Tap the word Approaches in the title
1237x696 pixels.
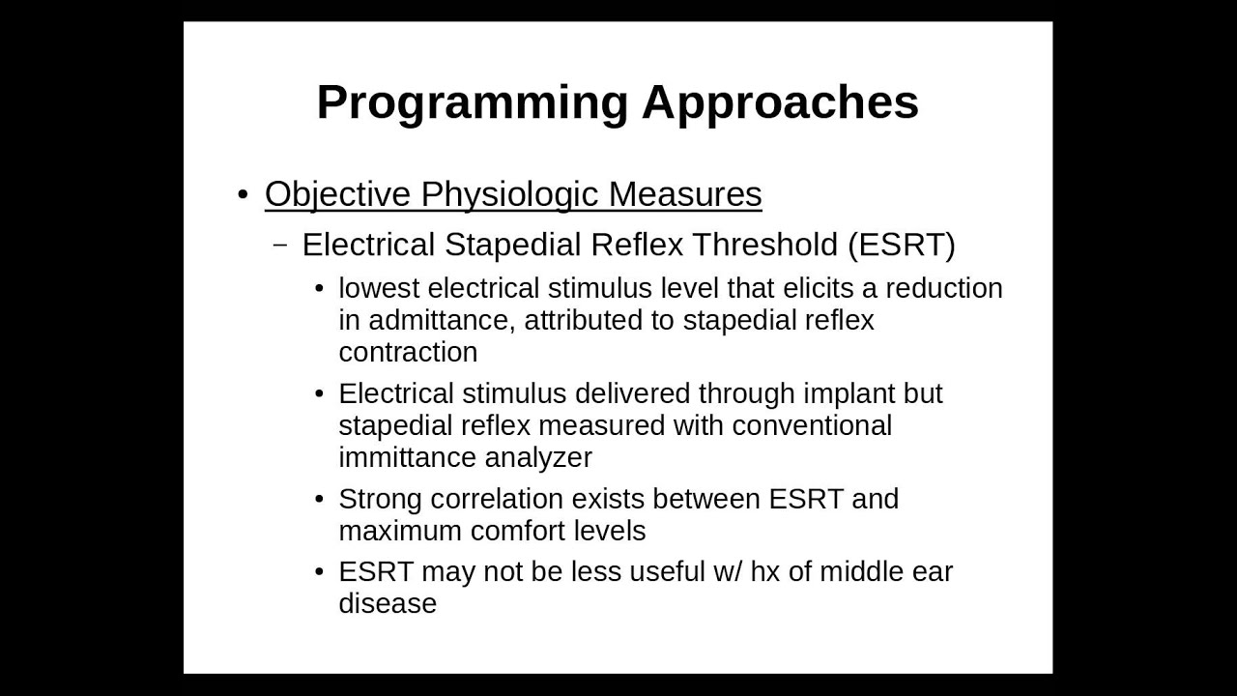click(x=780, y=102)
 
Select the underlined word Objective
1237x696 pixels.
click(x=337, y=194)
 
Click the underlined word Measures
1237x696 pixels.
click(x=685, y=194)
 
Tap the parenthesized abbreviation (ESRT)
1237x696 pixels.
click(x=902, y=245)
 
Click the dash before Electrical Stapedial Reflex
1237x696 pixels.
click(x=281, y=245)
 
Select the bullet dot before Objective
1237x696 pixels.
click(x=243, y=194)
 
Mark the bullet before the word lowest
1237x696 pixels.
click(x=320, y=289)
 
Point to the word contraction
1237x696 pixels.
click(x=408, y=352)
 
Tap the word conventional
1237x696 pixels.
click(x=812, y=425)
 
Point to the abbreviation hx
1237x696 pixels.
click(x=764, y=571)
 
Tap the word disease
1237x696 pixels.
click(x=388, y=603)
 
